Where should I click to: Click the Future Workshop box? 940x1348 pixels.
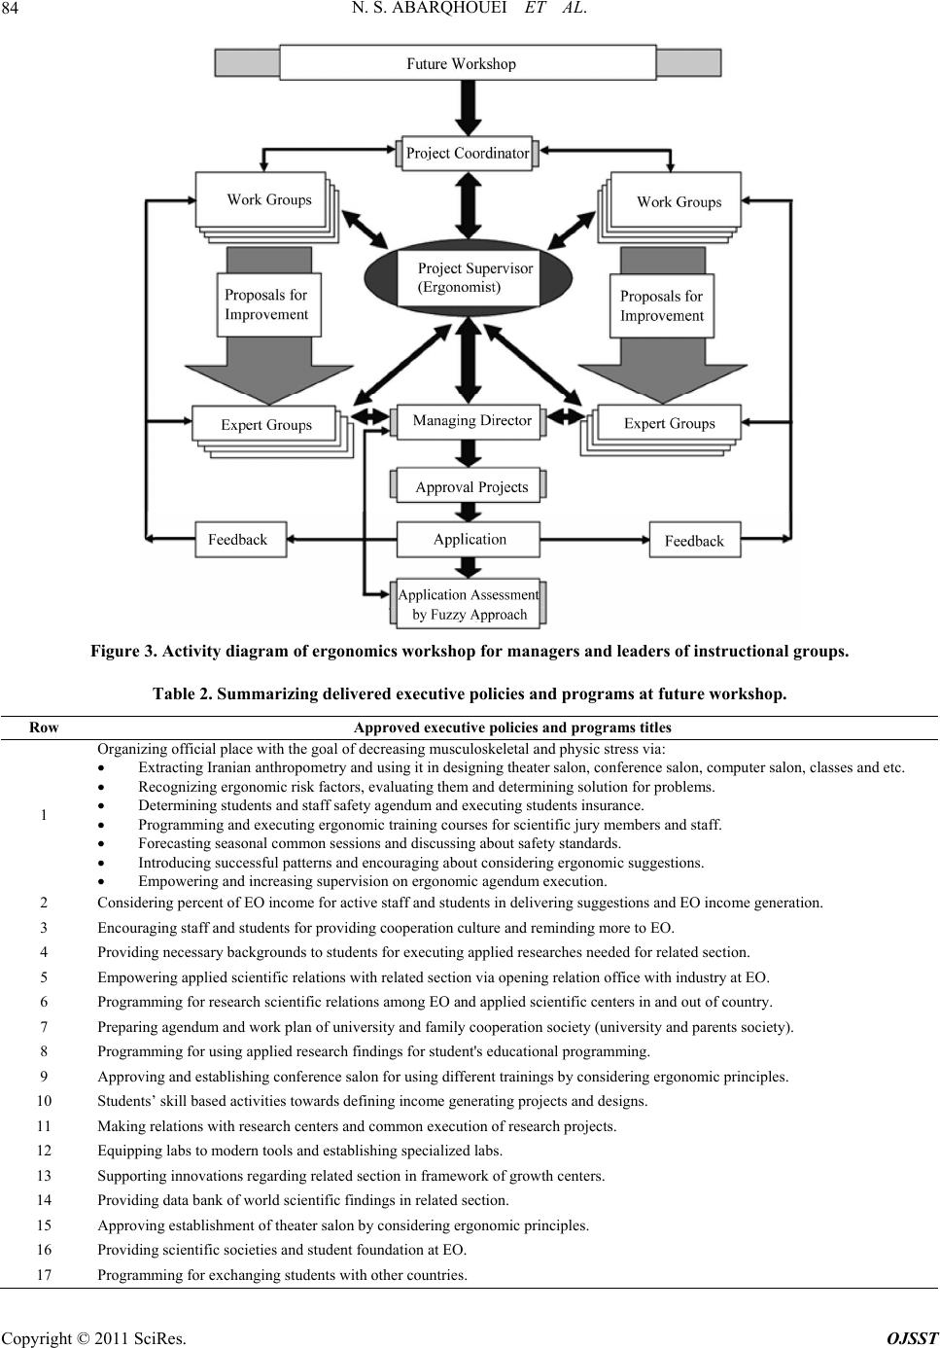pos(468,62)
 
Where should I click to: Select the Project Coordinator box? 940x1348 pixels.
pos(468,153)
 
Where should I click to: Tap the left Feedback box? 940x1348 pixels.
pos(240,539)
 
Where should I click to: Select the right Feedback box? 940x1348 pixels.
pos(695,540)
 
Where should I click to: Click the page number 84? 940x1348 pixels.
pos(10,9)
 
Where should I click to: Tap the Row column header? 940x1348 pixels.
pos(44,727)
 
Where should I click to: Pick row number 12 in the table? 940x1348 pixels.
pos(44,1151)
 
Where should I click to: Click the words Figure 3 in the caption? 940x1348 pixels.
pos(123,651)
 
